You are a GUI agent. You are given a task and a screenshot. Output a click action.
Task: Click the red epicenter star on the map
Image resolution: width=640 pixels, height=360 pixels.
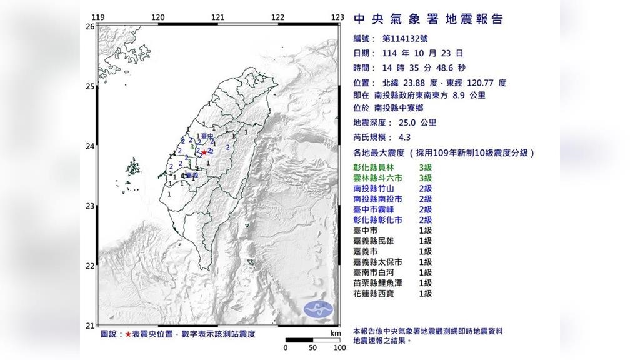(x=204, y=151)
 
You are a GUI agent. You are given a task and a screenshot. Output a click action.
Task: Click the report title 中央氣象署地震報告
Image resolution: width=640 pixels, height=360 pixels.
(x=428, y=19)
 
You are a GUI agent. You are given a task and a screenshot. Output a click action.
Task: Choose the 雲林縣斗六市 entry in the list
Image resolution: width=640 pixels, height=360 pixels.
(x=379, y=178)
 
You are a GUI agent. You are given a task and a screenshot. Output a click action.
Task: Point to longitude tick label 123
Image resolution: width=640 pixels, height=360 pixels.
(x=338, y=17)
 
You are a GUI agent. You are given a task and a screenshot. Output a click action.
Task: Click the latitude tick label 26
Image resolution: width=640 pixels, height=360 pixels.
(x=89, y=27)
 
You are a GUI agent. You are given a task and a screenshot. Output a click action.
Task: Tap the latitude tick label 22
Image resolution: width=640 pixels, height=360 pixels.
(x=89, y=266)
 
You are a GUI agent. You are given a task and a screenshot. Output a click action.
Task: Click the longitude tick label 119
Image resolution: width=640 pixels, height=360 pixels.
(x=97, y=17)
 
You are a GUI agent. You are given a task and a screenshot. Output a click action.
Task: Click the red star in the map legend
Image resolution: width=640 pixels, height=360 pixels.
(x=128, y=334)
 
